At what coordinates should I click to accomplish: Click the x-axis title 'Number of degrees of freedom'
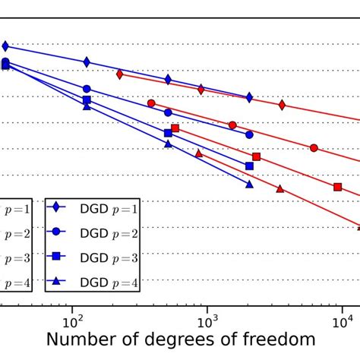coord(180,339)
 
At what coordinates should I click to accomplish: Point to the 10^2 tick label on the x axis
coord(72,312)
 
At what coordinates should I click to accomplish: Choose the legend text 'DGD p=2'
coord(109,233)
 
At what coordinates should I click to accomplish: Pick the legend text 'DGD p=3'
coord(109,258)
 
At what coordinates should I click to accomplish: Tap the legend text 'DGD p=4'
coord(109,283)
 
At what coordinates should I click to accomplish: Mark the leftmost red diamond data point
coord(120,74)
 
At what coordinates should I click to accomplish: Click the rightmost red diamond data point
coord(282,105)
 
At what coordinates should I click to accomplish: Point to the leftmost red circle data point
coord(151,103)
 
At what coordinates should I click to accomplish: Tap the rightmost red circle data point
coord(314,148)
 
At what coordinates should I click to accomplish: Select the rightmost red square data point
coord(338,187)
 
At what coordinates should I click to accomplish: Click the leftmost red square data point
coord(175,128)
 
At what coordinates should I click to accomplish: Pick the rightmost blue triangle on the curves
coord(249,184)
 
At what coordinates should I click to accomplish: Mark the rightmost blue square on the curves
coord(249,166)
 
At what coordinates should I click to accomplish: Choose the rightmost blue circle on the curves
coord(249,134)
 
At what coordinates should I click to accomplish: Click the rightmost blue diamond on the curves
coord(249,97)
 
